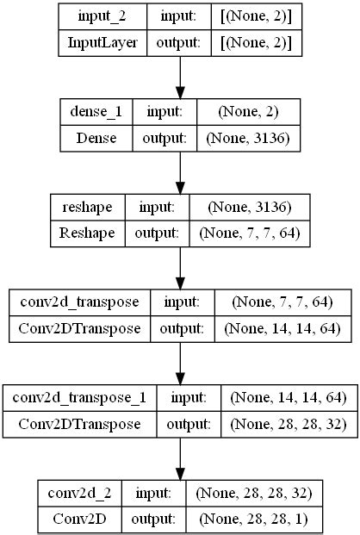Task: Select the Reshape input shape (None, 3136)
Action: click(249, 207)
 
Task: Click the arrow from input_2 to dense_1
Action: click(179, 78)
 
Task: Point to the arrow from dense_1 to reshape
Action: click(179, 172)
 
